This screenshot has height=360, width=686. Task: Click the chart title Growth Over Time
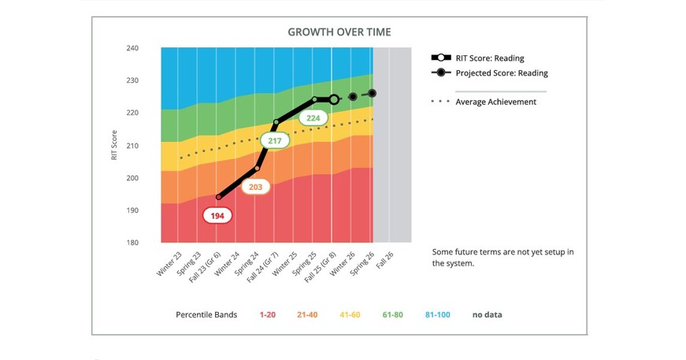[339, 32]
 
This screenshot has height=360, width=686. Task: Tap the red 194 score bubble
[217, 215]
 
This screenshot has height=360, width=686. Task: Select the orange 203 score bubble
[255, 187]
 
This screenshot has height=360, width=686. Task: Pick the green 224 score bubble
[313, 118]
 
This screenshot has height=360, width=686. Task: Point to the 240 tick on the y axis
[132, 48]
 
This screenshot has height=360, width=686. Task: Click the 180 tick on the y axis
[132, 243]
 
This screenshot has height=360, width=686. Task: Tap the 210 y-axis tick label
[132, 146]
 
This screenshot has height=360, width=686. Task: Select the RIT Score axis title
[115, 146]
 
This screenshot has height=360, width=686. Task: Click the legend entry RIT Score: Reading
[489, 58]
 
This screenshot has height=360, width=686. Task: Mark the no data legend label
[487, 315]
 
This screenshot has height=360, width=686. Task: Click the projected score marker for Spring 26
[372, 93]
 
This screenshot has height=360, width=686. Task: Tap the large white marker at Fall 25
[333, 100]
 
